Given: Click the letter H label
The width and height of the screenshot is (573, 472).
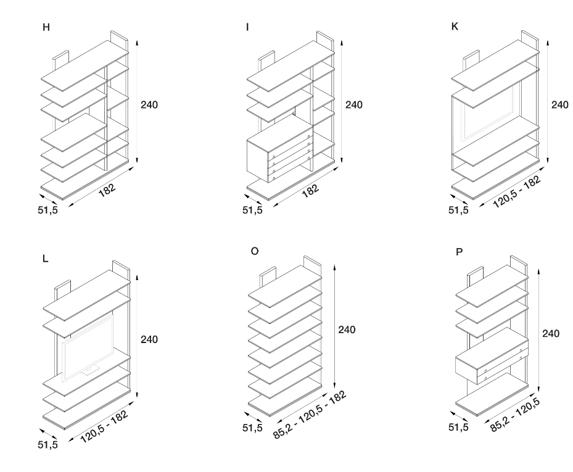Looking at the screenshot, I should [x=46, y=28].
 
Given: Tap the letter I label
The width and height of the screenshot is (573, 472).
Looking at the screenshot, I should [x=247, y=28].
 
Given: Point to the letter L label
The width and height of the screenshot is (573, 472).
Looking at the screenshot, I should [x=45, y=259].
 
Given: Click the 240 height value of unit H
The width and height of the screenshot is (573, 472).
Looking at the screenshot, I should [x=149, y=104].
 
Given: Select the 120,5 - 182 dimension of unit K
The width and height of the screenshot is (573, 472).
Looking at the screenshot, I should [x=517, y=192].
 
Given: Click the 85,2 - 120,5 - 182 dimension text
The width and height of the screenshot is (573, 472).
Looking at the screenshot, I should [x=310, y=415].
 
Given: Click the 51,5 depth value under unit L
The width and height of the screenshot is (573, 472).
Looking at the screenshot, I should [x=47, y=445].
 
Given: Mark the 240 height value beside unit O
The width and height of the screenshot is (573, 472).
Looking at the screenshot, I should [x=347, y=330].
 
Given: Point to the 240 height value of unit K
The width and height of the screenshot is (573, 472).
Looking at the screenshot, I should [x=560, y=104].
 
